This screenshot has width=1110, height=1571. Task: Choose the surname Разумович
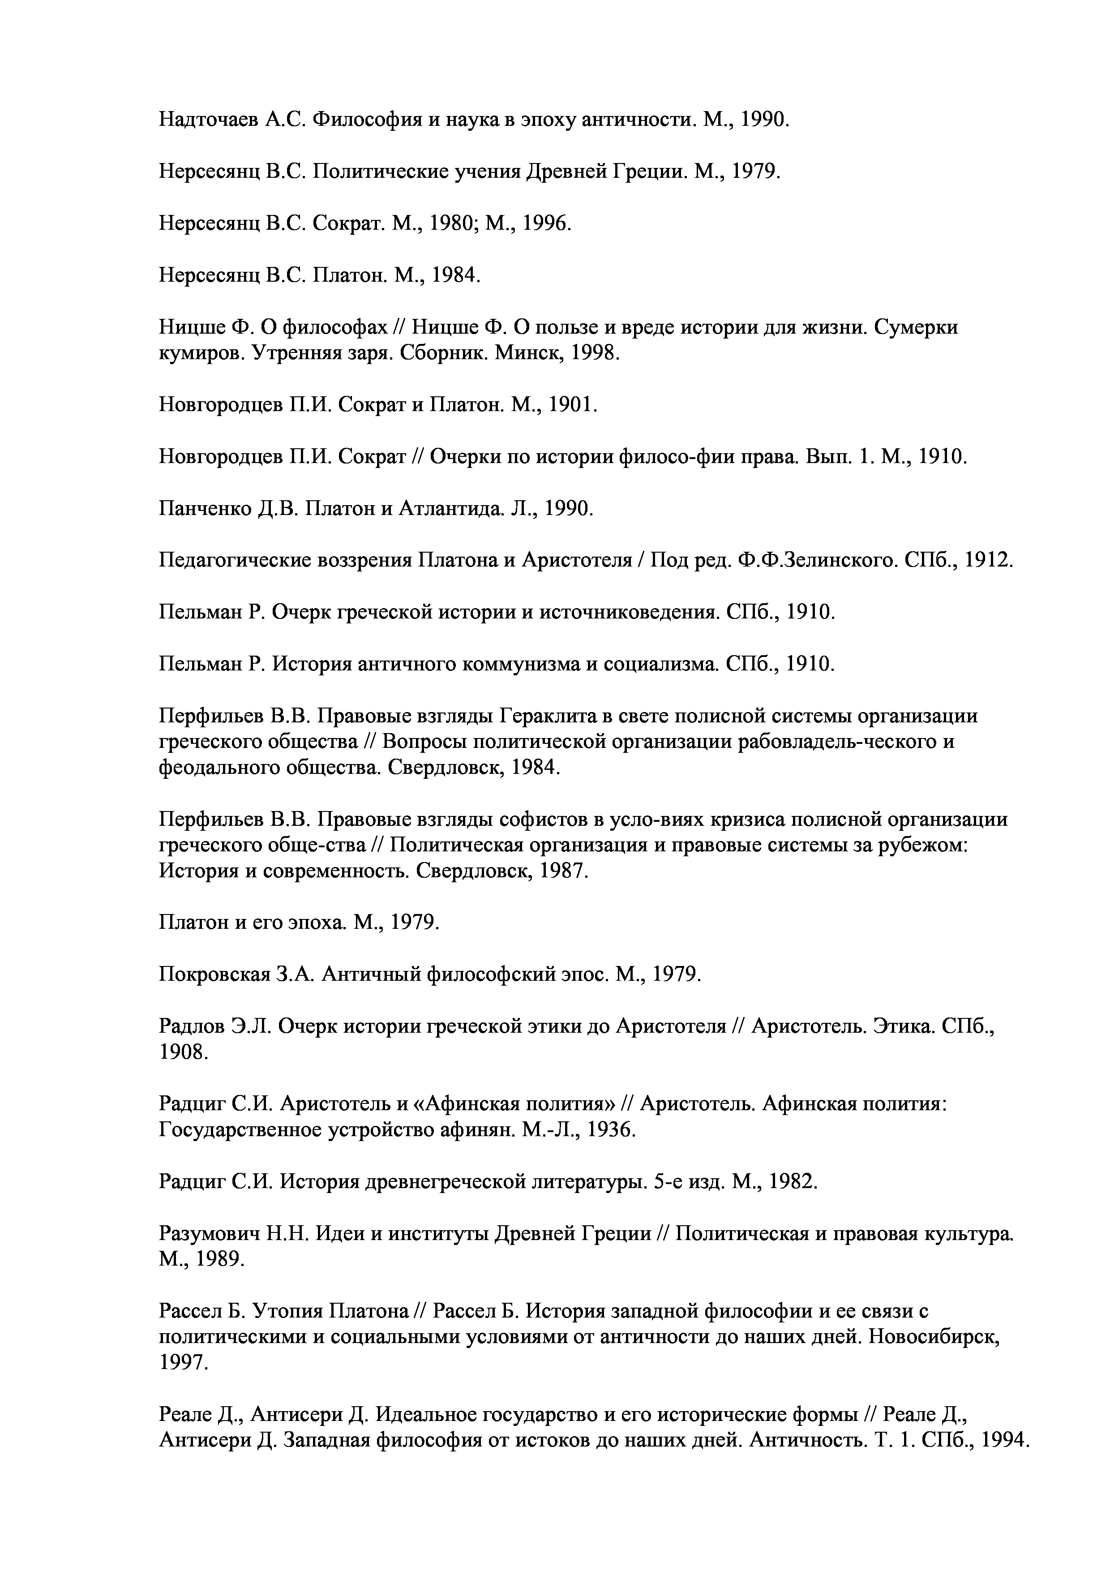[209, 1234]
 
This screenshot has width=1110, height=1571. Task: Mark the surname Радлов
[192, 1026]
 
